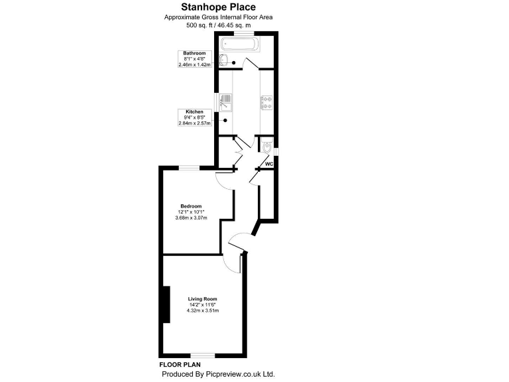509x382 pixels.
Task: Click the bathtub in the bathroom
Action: pos(241,46)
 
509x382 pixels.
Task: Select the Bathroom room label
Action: pos(194,53)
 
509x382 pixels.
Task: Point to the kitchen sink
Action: pos(225,102)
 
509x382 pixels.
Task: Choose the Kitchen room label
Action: pos(194,111)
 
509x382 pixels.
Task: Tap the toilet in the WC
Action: pos(268,148)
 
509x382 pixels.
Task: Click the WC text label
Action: pos(269,164)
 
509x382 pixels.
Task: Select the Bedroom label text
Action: pos(191,206)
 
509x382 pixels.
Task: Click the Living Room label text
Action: pos(203,299)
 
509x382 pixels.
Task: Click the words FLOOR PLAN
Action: pos(180,365)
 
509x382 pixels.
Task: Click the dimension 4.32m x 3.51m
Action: pos(203,310)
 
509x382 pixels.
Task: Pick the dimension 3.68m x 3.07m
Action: pos(191,218)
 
